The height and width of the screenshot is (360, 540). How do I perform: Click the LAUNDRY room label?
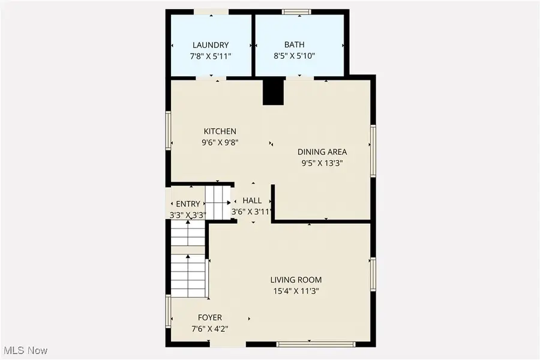211,45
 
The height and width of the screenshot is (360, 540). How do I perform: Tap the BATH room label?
294,45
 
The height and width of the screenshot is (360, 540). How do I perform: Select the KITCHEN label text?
220,131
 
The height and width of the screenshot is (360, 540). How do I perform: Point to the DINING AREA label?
322,152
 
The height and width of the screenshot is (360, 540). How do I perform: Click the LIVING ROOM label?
296,280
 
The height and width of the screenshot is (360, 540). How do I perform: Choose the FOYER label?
210,317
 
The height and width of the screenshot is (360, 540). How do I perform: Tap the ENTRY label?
188,204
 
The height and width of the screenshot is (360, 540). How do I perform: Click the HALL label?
252,200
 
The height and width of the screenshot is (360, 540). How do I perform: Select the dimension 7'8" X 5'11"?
211,56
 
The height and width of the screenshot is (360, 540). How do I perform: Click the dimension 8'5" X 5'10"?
294,56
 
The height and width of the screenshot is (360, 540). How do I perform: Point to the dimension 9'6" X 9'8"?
220,143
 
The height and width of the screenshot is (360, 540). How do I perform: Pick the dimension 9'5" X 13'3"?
322,163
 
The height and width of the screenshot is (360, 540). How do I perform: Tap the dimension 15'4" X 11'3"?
296,291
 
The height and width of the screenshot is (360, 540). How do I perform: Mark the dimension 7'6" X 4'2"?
210,329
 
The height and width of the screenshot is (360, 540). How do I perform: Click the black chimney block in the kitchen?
273,92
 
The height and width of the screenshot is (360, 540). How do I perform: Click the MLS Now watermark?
25,350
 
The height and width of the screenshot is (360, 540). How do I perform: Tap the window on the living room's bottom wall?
316,344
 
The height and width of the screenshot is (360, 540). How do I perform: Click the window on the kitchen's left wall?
169,130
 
